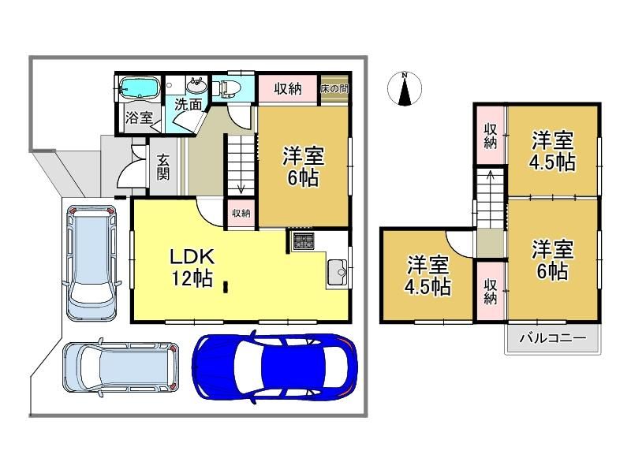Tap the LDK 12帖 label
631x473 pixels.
[x=192, y=266]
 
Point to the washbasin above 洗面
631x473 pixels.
[x=196, y=86]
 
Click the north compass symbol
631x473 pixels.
[x=405, y=89]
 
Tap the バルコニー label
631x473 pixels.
[x=553, y=338]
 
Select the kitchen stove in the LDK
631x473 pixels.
[x=303, y=241]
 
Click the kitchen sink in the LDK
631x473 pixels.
[x=338, y=272]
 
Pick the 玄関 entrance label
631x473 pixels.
[x=163, y=166]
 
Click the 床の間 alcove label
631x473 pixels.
[x=334, y=88]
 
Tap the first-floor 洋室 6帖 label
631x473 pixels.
[x=304, y=166]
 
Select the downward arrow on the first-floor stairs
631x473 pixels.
[x=241, y=188]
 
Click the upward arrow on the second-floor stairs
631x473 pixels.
[x=491, y=175]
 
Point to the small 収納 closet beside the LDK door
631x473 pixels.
[x=241, y=214]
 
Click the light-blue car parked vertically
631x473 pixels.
[x=91, y=263]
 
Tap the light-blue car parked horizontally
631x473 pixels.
[x=121, y=367]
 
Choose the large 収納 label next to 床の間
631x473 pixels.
[x=288, y=88]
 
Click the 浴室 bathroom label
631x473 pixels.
[x=139, y=117]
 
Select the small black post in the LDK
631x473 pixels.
[x=226, y=286]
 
